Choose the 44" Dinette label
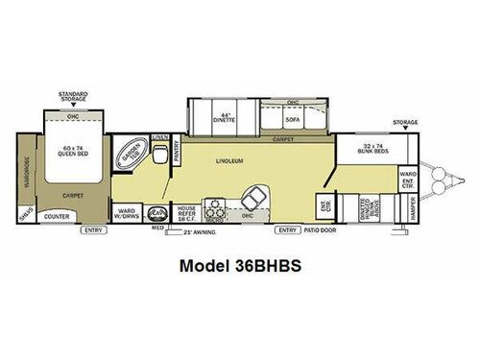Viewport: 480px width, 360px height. [227, 120]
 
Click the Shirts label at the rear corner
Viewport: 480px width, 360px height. [25, 213]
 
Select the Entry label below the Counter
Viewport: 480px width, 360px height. [93, 230]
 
